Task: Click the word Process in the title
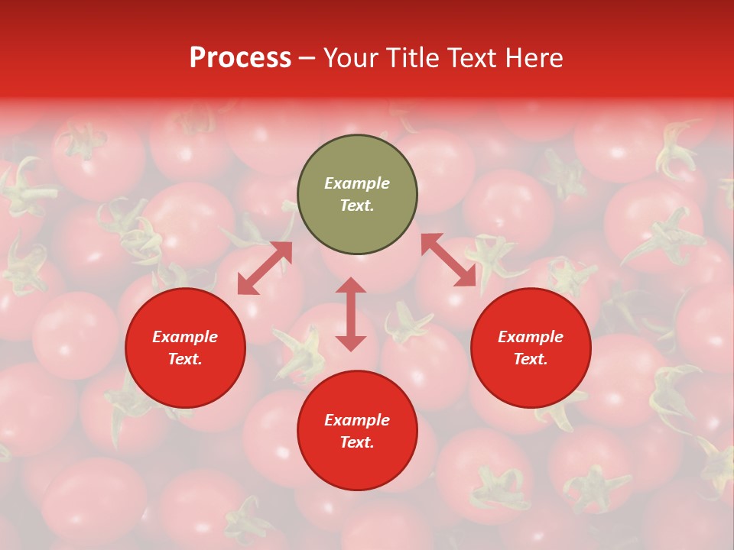pyautogui.click(x=240, y=58)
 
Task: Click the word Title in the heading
pyautogui.click(x=411, y=58)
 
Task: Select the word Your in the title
pyautogui.click(x=351, y=58)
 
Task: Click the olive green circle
pyautogui.click(x=357, y=153)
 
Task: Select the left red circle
pyautogui.click(x=185, y=374)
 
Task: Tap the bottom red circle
pyautogui.click(x=357, y=466)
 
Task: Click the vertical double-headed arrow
pyautogui.click(x=351, y=314)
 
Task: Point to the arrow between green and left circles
pyautogui.click(x=265, y=267)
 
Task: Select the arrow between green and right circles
pyautogui.click(x=448, y=260)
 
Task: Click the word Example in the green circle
pyautogui.click(x=357, y=183)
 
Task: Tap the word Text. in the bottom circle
pyautogui.click(x=357, y=442)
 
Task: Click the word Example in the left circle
pyautogui.click(x=185, y=337)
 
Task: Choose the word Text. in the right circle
pyautogui.click(x=531, y=359)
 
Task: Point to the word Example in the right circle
pyautogui.click(x=531, y=337)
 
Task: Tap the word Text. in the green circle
pyautogui.click(x=357, y=205)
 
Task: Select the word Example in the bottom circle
pyautogui.click(x=357, y=420)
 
